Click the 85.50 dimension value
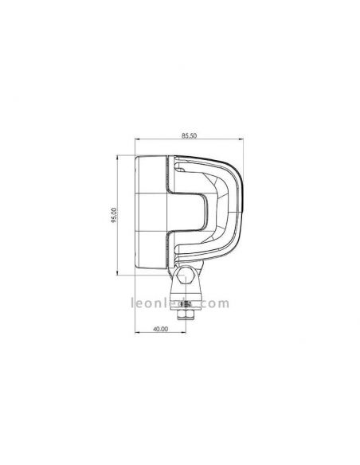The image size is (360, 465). [x=189, y=138]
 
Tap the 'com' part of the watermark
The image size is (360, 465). [x=218, y=303]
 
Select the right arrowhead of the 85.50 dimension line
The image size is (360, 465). [x=241, y=144]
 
